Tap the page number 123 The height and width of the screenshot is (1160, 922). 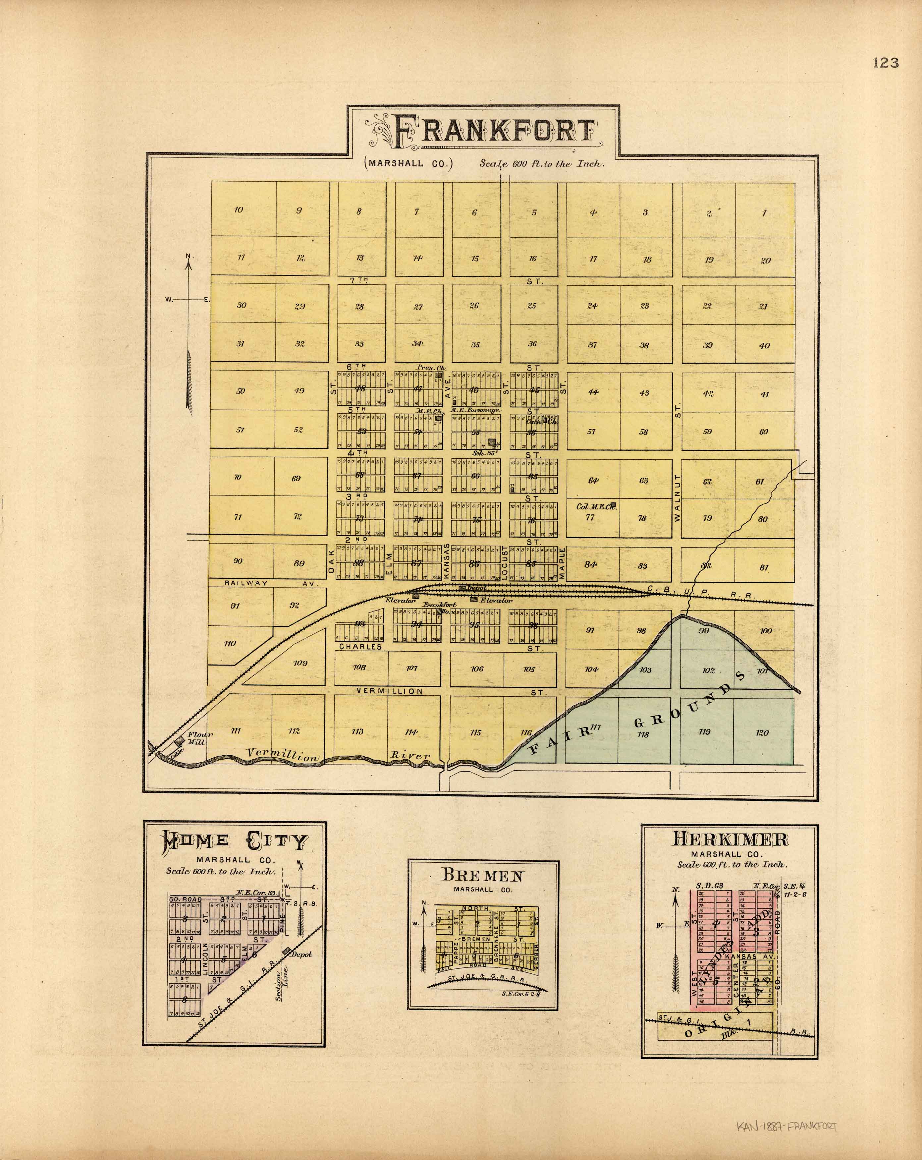[886, 63]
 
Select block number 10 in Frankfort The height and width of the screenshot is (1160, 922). [239, 210]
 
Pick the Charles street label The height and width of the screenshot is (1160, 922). [360, 647]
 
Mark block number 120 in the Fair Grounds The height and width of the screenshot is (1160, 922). [762, 733]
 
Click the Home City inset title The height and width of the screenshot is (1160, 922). [235, 841]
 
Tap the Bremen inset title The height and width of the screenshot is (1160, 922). [482, 875]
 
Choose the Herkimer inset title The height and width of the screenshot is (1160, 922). [730, 839]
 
